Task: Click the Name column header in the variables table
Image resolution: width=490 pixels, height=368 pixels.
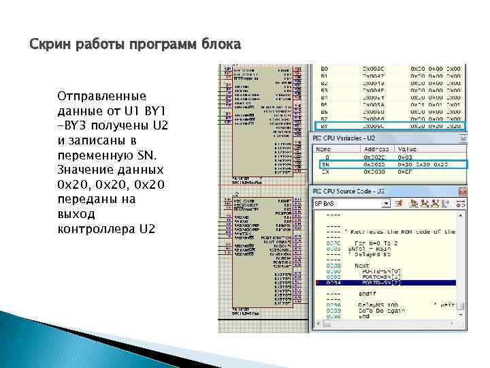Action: click(x=323, y=148)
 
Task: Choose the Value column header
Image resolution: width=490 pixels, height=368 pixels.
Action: click(x=408, y=148)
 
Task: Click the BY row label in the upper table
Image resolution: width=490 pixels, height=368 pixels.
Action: click(x=324, y=126)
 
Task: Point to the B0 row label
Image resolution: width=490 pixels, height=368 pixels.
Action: click(x=324, y=69)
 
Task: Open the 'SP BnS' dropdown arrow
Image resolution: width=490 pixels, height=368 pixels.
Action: click(x=386, y=203)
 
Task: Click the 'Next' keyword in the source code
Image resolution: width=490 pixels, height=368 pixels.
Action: click(x=362, y=266)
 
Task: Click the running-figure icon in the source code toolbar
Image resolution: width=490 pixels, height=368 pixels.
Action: click(x=399, y=203)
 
